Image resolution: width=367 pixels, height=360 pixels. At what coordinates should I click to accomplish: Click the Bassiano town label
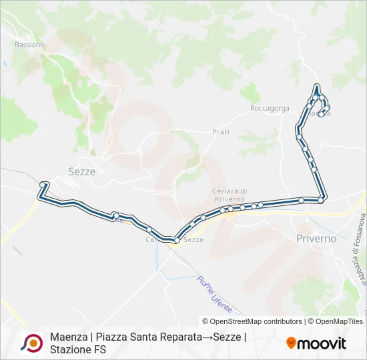point(29,45)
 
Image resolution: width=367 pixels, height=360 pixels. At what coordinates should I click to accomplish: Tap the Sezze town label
point(82,171)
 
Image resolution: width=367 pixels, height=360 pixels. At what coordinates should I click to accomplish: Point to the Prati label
point(221,132)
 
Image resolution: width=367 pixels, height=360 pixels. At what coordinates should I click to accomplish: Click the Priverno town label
point(316,238)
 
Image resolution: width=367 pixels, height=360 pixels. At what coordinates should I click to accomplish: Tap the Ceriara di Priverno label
point(230,195)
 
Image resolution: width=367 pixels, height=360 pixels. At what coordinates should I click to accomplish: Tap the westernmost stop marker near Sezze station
point(43,184)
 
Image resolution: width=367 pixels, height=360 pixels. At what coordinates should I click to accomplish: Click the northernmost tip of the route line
point(316,85)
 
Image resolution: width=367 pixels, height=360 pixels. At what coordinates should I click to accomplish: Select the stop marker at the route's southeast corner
point(322,199)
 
